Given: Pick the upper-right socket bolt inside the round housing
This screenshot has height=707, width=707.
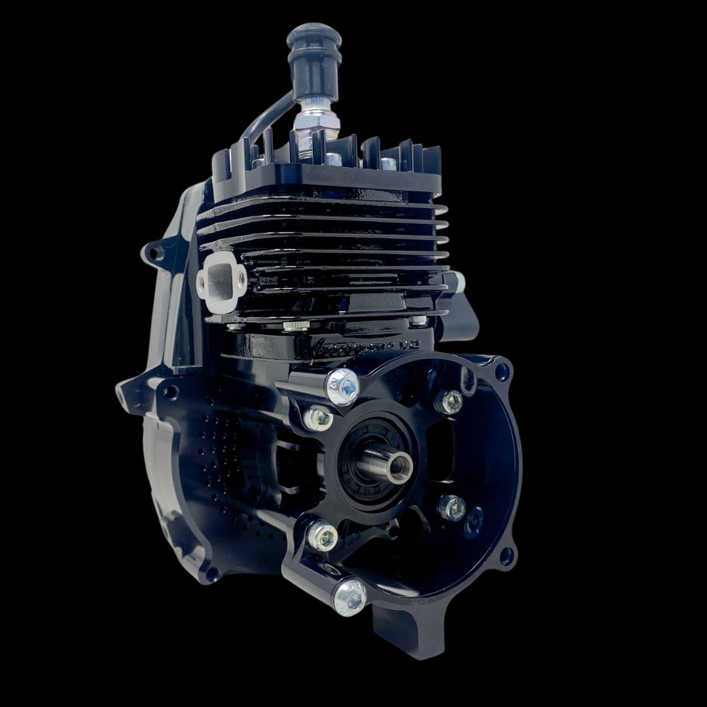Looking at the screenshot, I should coord(448,401).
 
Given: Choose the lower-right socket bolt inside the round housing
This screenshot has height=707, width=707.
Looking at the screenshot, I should coord(452,507).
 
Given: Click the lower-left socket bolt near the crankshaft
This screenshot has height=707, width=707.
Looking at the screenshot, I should coord(322,537).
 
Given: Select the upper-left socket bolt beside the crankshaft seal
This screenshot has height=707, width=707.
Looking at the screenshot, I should coord(317,418).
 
